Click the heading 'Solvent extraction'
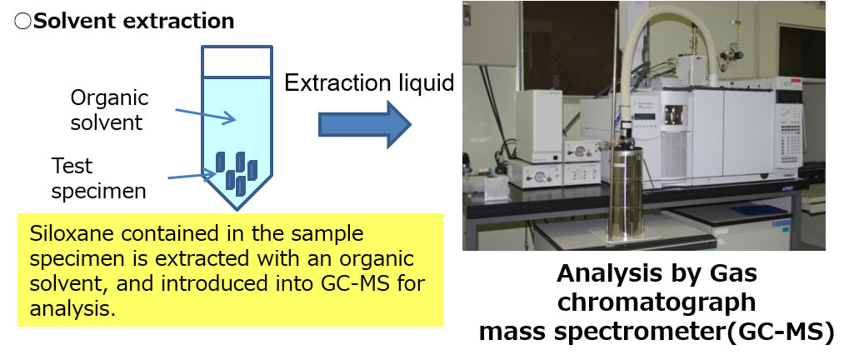[134, 21]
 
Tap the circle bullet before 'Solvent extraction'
[22, 22]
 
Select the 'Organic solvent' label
[109, 110]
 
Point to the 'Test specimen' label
[98, 178]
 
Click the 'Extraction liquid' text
[369, 82]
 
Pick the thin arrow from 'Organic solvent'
[206, 116]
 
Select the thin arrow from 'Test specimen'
[191, 175]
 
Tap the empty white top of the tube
[237, 61]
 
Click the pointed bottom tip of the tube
[237, 209]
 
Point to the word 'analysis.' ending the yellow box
[72, 309]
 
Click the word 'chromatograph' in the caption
[657, 302]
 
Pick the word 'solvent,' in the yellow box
[69, 283]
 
